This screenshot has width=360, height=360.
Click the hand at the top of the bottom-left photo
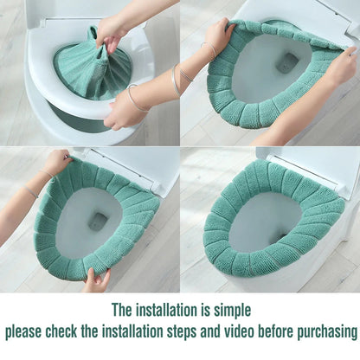click(x=57, y=162)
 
